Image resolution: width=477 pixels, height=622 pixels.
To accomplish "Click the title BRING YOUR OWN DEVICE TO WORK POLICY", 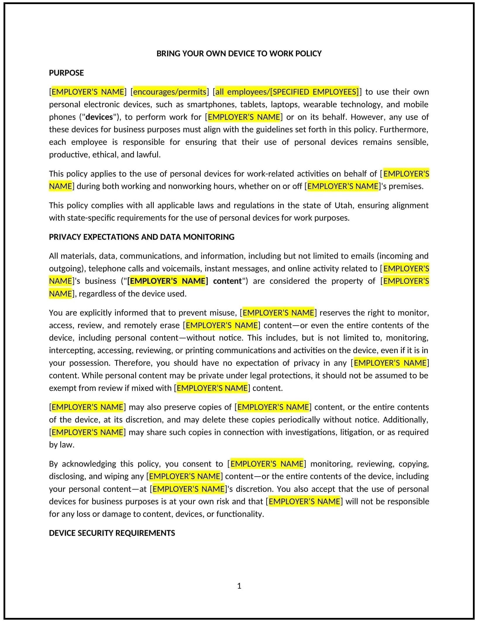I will point(239,54).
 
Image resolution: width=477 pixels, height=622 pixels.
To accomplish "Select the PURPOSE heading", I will point(66,73).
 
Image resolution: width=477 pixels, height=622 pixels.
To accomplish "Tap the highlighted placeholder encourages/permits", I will point(170,92).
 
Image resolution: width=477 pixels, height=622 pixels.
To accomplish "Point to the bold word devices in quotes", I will point(99,117).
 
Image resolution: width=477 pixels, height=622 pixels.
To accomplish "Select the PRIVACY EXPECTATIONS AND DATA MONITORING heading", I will point(142,237).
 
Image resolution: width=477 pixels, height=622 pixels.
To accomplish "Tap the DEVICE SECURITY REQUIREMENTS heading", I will point(112,533).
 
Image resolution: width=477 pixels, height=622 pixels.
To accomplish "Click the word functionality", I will point(240,514).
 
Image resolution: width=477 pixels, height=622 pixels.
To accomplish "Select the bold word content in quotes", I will point(227,281).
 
